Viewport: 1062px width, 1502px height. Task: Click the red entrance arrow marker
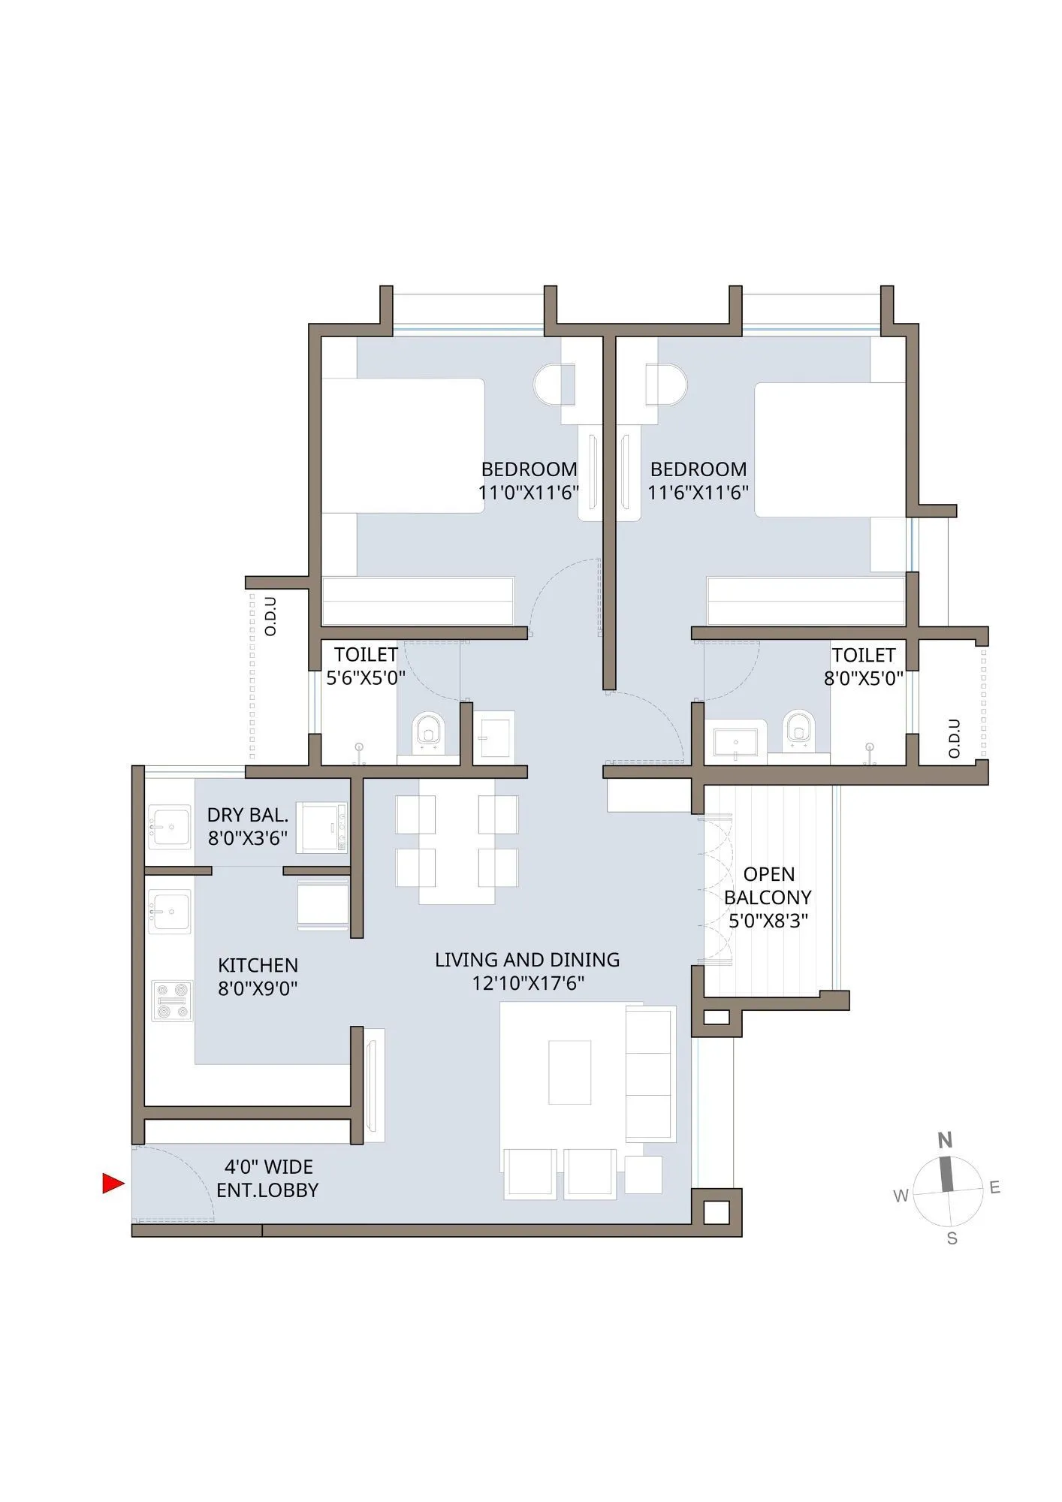113,1184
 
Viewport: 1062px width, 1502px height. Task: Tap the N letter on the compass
945,1141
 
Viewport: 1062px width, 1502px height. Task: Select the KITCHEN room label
258,965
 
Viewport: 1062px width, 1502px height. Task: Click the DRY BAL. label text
248,815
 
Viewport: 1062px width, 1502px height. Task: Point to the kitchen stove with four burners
171,1001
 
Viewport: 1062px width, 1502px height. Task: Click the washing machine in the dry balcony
321,828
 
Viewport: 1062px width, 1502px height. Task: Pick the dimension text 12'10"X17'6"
528,983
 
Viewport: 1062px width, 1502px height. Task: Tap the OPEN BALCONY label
768,886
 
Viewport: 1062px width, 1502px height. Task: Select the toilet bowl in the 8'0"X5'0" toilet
798,728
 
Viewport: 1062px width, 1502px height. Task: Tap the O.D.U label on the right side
955,738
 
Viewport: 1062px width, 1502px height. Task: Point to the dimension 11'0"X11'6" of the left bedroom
529,493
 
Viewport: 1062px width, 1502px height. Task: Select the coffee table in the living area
569,1072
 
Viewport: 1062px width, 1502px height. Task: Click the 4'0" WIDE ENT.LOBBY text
267,1178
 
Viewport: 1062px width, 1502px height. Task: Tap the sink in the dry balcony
170,827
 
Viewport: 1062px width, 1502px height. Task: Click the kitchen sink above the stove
170,911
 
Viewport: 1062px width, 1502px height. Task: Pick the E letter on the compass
994,1187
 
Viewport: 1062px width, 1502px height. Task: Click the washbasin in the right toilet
735,742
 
